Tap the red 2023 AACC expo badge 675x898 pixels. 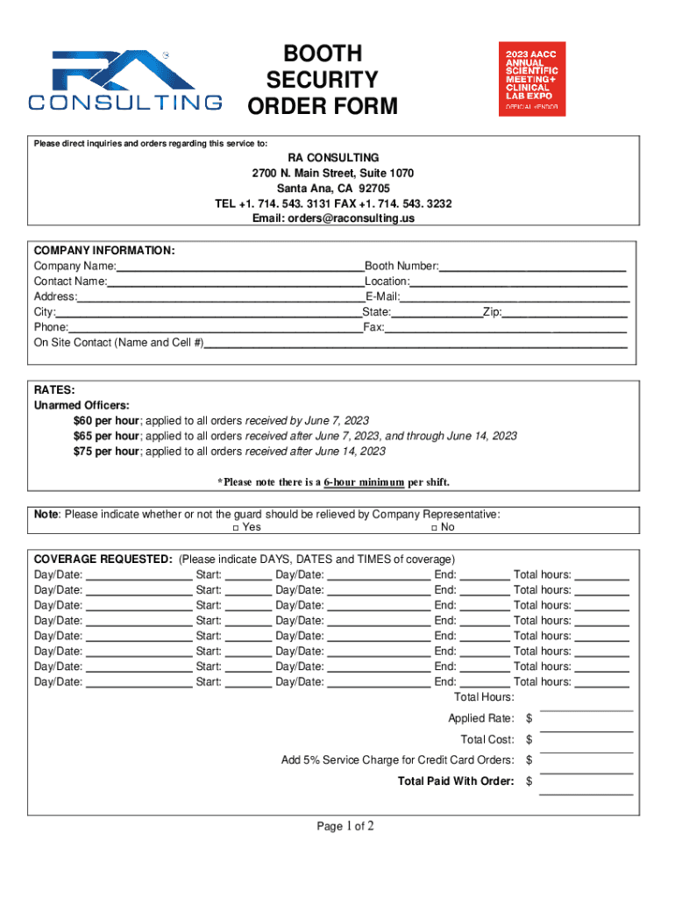point(532,79)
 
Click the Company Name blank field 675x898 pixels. point(239,267)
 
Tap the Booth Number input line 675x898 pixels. point(533,267)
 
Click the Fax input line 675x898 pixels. point(506,327)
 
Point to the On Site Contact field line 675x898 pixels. point(416,343)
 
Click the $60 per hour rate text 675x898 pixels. point(106,420)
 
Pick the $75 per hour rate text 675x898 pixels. point(106,452)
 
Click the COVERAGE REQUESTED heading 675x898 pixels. point(103,559)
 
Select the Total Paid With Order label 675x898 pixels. point(456,780)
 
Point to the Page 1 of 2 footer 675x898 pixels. point(345,826)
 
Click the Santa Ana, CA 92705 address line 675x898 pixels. point(333,189)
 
